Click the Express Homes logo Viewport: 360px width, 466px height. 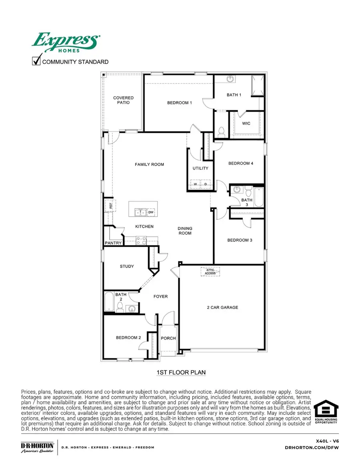click(66, 42)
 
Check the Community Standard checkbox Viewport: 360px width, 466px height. click(36, 61)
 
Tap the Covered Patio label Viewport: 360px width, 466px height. click(123, 100)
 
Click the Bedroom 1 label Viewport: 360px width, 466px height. click(179, 103)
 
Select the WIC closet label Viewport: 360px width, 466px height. click(246, 123)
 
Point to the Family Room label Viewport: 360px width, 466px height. click(149, 164)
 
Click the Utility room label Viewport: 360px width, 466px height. click(200, 168)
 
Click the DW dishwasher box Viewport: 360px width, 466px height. click(151, 212)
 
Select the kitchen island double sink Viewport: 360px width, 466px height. click(140, 212)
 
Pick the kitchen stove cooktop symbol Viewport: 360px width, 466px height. click(141, 241)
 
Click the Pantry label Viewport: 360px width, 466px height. click(113, 243)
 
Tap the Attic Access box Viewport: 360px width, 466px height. click(210, 272)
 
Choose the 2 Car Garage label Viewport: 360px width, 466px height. click(222, 307)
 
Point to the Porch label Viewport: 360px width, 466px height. click(168, 338)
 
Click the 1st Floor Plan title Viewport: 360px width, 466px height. click(181, 372)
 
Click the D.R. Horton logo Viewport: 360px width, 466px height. click(37, 447)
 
